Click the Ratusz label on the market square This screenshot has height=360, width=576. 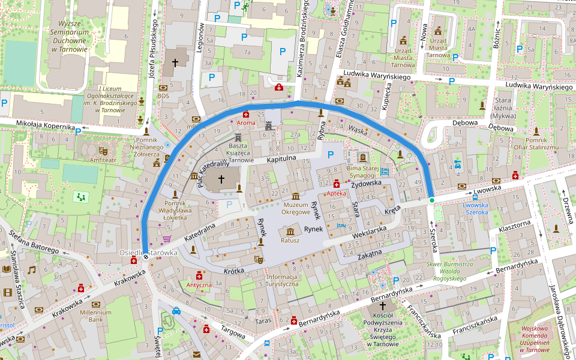290,241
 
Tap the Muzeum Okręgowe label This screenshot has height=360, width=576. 296,208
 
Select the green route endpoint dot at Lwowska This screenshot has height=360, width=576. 431,200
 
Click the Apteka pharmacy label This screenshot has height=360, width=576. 336,194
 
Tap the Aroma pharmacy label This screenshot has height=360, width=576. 245,122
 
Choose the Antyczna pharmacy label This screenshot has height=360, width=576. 198,285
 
